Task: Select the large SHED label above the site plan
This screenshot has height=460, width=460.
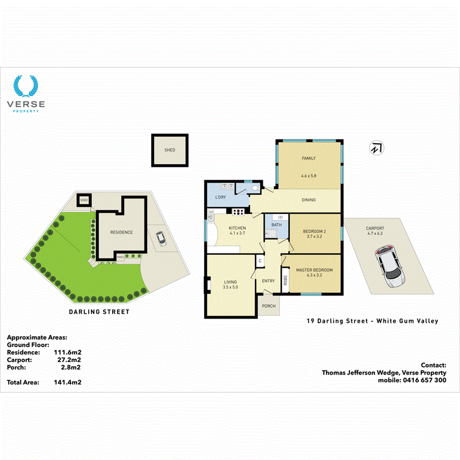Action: pyautogui.click(x=169, y=150)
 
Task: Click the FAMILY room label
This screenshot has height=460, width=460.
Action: pyautogui.click(x=308, y=158)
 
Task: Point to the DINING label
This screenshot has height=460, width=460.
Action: pyautogui.click(x=308, y=200)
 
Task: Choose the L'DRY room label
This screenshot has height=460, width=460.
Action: pyautogui.click(x=220, y=197)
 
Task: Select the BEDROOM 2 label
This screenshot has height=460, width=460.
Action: pyautogui.click(x=314, y=231)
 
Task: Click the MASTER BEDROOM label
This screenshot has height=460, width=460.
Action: pyautogui.click(x=314, y=270)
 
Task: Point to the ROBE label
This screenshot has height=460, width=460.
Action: pyautogui.click(x=285, y=280)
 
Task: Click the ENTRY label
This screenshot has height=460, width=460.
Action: pyautogui.click(x=268, y=281)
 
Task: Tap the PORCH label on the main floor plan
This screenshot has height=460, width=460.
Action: pyautogui.click(x=268, y=306)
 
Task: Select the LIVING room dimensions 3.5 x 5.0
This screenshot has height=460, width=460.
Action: pyautogui.click(x=230, y=287)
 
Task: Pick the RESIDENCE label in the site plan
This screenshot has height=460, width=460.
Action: pyautogui.click(x=121, y=232)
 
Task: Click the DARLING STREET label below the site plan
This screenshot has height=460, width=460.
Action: pyautogui.click(x=100, y=311)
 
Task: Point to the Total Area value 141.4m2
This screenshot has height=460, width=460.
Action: pyautogui.click(x=67, y=382)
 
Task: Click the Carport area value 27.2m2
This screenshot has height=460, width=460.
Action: pyautogui.click(x=69, y=360)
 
